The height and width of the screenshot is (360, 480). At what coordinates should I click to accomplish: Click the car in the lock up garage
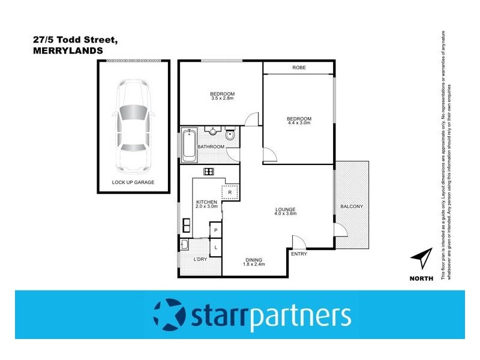point(133,123)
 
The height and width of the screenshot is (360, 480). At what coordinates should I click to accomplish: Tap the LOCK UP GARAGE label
point(133,182)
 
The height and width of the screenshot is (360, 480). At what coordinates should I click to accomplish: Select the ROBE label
point(299,68)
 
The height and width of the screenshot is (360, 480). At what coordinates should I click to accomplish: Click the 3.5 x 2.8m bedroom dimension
point(222,99)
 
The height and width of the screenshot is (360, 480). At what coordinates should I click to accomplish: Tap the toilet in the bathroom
point(230,134)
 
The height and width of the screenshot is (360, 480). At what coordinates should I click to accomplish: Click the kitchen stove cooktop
point(209,172)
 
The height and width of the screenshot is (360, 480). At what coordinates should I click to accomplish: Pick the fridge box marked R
point(230,192)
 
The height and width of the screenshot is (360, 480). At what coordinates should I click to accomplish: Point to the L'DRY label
point(200,259)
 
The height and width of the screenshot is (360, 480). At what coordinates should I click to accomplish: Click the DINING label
point(254,259)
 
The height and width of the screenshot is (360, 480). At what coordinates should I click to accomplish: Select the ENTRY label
point(298,254)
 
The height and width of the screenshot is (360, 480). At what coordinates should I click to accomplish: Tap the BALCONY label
point(351,207)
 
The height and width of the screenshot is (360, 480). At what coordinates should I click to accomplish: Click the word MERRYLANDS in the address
point(68,51)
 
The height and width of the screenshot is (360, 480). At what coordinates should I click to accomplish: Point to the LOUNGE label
point(285,209)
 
